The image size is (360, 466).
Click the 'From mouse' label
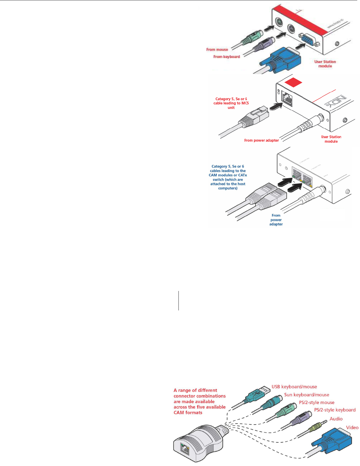(217, 50)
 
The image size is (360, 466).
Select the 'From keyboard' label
(226, 57)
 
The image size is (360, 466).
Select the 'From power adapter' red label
(261, 141)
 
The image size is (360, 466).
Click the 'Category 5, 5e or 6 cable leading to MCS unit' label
(231, 103)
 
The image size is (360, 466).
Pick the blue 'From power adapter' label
(276, 220)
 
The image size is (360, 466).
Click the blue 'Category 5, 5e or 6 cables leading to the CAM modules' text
(228, 177)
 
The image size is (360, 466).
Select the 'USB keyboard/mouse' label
(294, 387)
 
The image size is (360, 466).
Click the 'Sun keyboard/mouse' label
(306, 395)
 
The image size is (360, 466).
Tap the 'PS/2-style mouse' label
(317, 403)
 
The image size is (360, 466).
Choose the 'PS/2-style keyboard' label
(335, 410)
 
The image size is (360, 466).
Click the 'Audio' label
(336, 419)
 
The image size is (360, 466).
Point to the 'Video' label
(352, 428)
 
